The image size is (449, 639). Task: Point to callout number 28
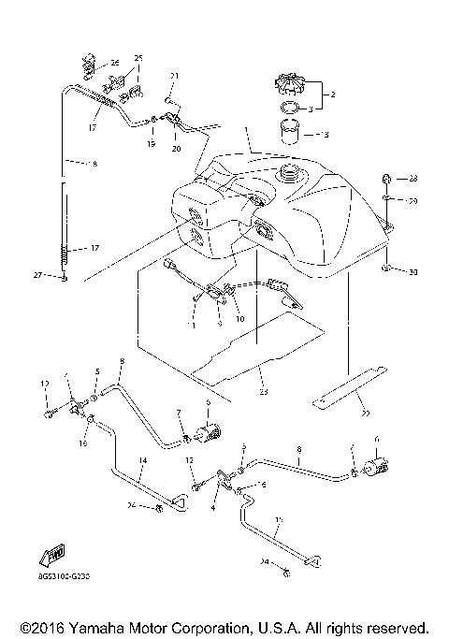click(413, 179)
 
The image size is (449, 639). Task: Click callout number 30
click(413, 272)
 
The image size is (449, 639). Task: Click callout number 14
click(143, 461)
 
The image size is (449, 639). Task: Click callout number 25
click(139, 59)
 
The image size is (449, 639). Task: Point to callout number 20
click(175, 146)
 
